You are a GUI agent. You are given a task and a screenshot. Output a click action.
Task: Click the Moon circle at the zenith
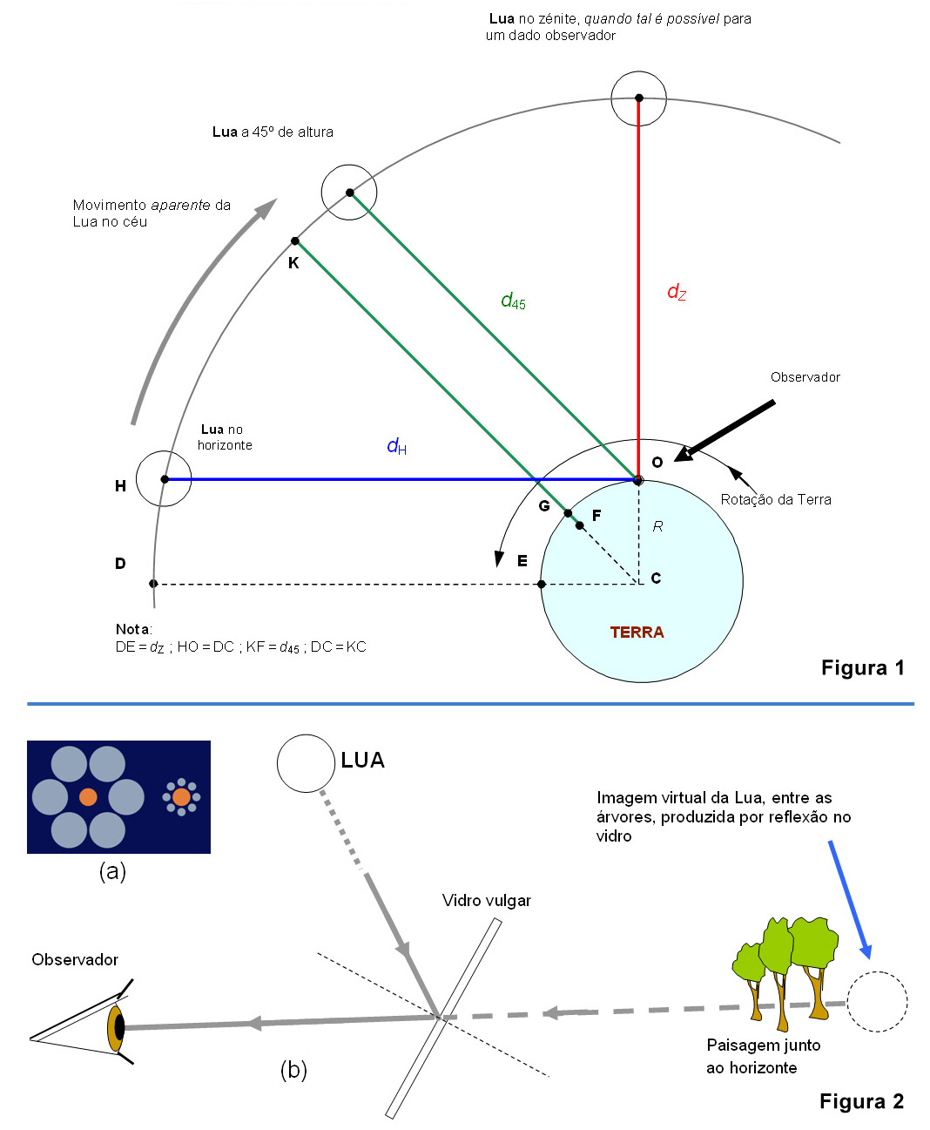(638, 98)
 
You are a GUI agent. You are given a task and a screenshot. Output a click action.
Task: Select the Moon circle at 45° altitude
(349, 193)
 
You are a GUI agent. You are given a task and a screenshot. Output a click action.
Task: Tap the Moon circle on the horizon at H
(164, 478)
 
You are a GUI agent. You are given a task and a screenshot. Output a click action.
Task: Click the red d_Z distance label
(677, 292)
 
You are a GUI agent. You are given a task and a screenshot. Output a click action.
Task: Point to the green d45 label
(513, 301)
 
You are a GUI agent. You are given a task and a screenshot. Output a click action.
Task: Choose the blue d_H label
(396, 447)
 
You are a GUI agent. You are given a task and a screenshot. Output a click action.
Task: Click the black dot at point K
(295, 241)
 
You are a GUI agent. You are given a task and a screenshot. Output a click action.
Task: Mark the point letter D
(120, 564)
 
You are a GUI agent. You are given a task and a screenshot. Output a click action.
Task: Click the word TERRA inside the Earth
(637, 633)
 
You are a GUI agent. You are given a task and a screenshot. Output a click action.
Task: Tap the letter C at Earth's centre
(656, 579)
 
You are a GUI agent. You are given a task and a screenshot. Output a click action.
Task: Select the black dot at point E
(542, 584)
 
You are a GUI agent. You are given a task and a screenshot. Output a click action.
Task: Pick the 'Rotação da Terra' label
(775, 499)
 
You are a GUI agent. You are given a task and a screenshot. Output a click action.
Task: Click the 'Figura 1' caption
(862, 668)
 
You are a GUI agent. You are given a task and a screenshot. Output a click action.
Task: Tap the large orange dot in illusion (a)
(88, 796)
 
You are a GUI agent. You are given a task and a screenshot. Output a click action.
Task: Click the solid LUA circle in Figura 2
(306, 763)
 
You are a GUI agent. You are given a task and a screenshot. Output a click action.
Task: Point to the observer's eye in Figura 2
(116, 1027)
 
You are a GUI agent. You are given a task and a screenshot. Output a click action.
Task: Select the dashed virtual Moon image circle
(877, 1002)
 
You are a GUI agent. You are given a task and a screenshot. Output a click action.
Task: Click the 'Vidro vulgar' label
(486, 901)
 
